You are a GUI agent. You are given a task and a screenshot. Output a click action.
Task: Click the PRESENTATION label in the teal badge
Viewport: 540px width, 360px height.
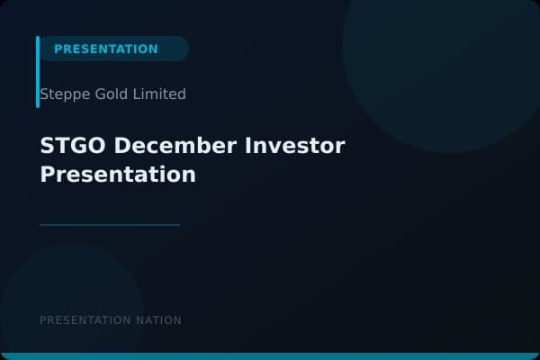(x=105, y=49)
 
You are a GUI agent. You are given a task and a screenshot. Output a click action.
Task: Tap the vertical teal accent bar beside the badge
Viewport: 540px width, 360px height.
(x=38, y=72)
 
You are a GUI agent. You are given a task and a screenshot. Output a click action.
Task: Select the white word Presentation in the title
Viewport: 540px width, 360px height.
(x=118, y=175)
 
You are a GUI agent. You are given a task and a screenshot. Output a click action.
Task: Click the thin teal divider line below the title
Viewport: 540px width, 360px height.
(x=110, y=225)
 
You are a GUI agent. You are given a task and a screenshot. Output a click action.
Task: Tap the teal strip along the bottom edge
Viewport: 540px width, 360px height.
(x=270, y=356)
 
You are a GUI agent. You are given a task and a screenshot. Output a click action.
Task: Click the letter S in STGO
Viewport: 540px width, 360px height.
(x=47, y=146)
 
